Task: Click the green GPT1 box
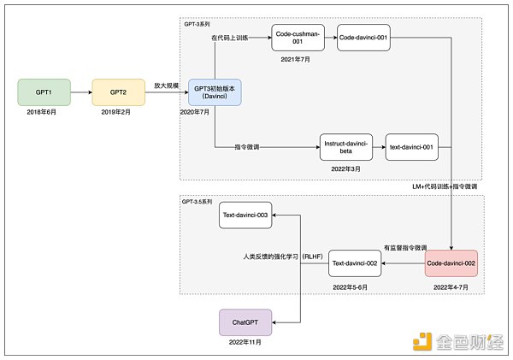[x=44, y=91]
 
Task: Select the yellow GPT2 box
[x=118, y=91]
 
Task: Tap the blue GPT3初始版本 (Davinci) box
[x=215, y=91]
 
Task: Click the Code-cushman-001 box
[x=298, y=38]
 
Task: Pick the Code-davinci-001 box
[x=363, y=38]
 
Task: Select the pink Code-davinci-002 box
[x=451, y=263]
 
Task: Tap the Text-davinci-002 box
[x=354, y=263]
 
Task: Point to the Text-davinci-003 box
[x=246, y=216]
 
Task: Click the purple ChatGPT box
[x=246, y=322]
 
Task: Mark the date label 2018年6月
[x=44, y=112]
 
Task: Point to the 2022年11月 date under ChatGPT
[x=246, y=343]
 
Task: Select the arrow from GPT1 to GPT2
[x=80, y=91]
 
